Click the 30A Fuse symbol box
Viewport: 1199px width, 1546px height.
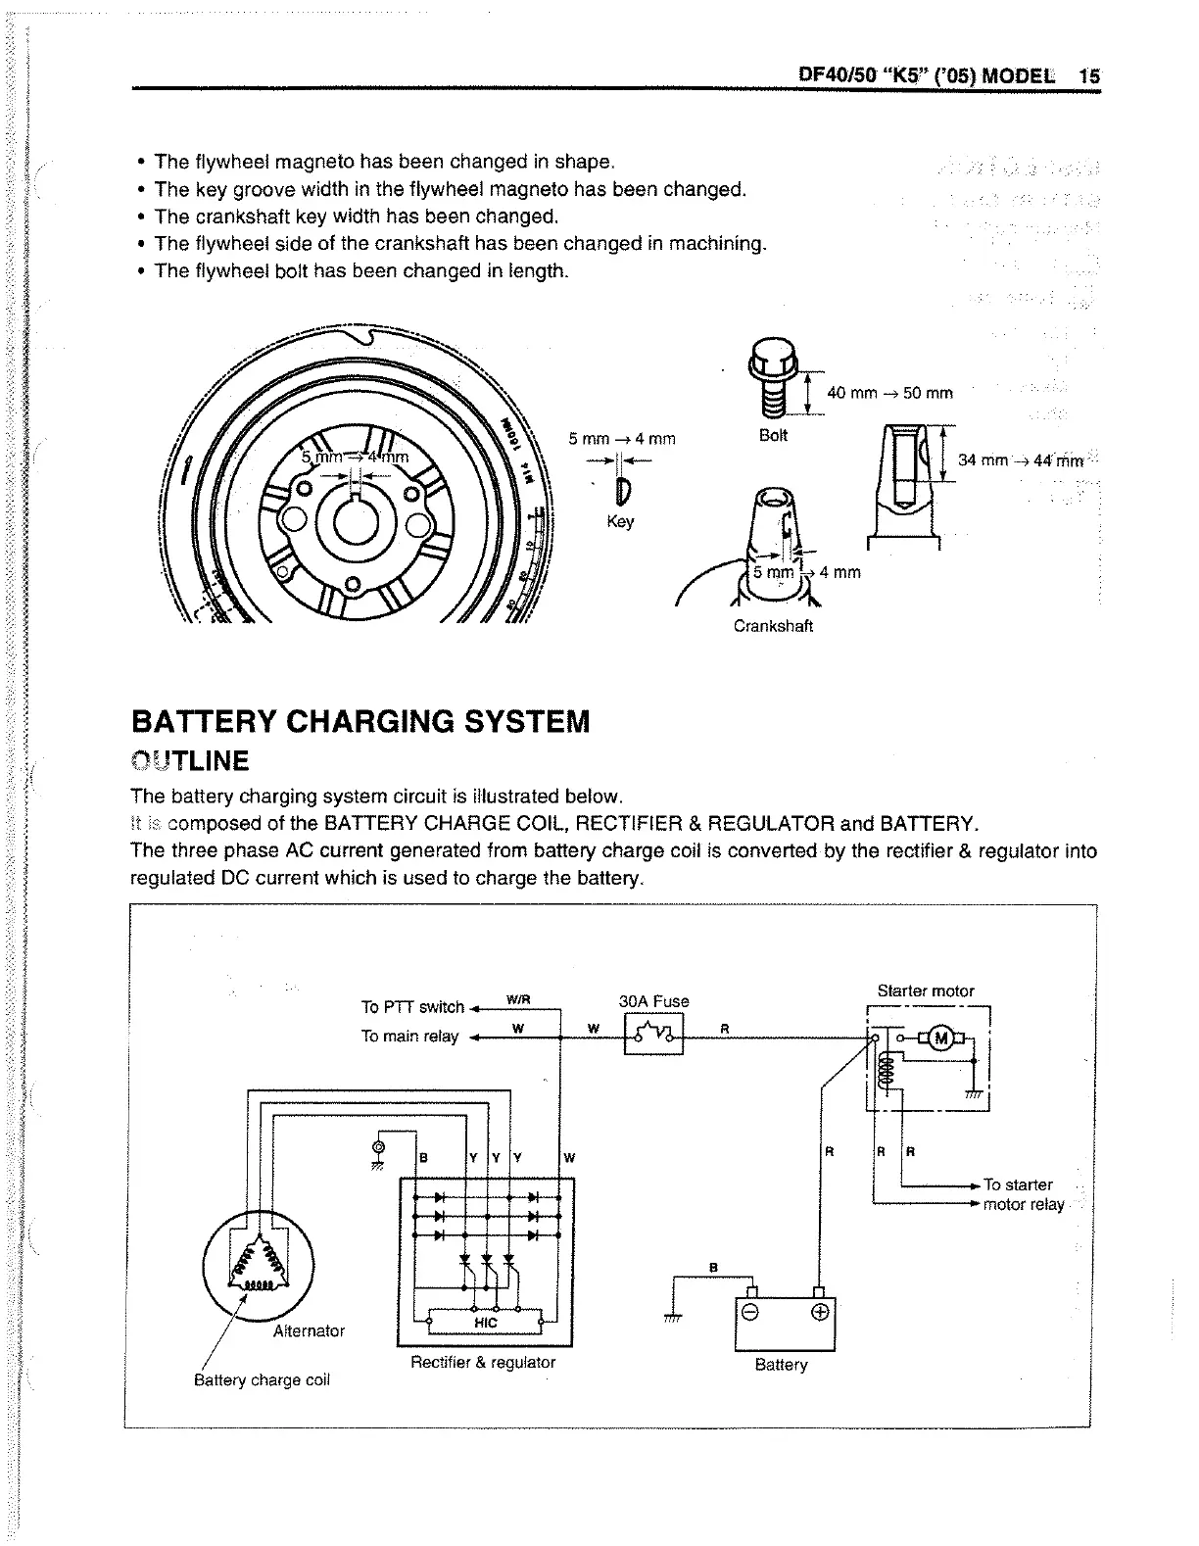click(653, 1034)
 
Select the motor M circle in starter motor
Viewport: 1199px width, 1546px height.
click(942, 1038)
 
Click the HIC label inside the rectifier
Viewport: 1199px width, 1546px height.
click(486, 1323)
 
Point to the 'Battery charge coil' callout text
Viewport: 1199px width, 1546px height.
click(262, 1380)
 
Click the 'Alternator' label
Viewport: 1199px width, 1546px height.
click(309, 1330)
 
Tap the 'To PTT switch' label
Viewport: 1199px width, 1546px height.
click(412, 1007)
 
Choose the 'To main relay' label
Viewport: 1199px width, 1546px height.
click(409, 1037)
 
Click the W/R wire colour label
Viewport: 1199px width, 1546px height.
click(517, 999)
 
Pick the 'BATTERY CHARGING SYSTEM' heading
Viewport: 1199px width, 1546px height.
click(360, 722)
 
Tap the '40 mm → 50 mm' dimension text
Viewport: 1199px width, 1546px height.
click(889, 393)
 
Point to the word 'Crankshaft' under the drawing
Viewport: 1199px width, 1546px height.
click(773, 626)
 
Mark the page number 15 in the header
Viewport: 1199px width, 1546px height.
click(1088, 76)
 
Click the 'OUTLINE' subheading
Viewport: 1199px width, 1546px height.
click(190, 761)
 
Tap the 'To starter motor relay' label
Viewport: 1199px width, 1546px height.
click(1022, 1194)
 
